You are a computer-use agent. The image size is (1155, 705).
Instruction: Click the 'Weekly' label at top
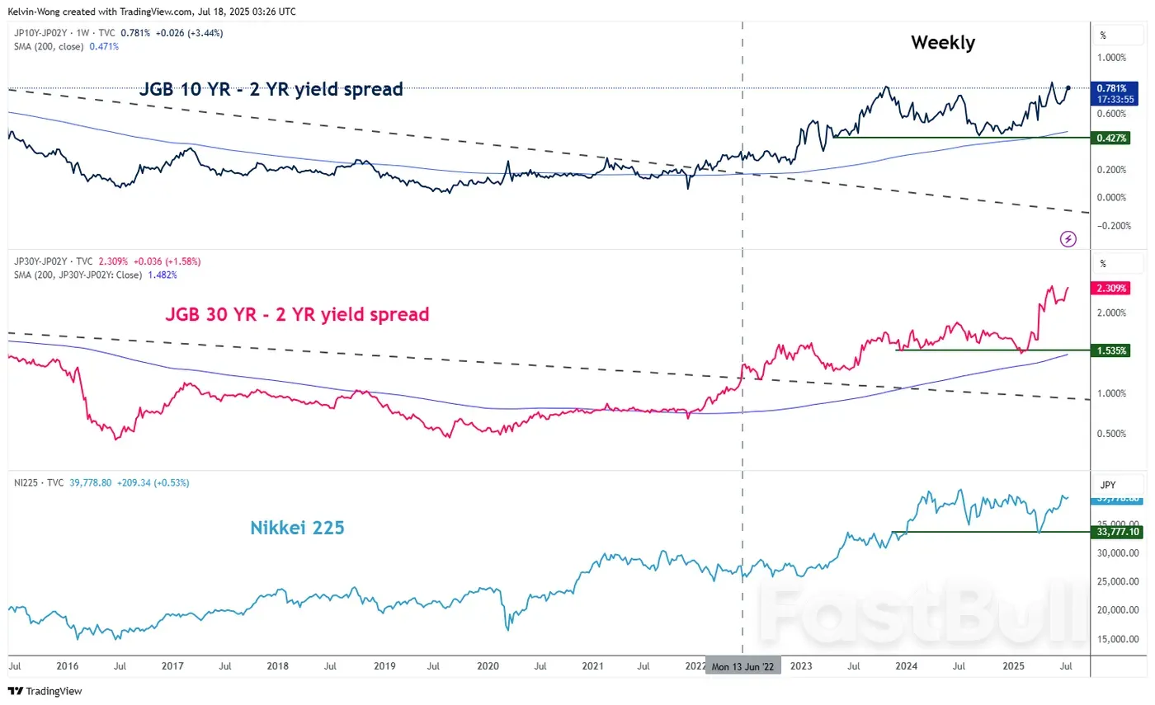(942, 43)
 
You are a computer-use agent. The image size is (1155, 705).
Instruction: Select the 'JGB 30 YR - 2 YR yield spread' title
(297, 314)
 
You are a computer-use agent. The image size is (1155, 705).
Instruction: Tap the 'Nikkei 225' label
(297, 529)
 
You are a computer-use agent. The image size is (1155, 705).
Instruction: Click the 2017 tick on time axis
(172, 665)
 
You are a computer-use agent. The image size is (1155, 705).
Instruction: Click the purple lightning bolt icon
(1068, 239)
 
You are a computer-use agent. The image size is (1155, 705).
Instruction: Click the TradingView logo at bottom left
(45, 691)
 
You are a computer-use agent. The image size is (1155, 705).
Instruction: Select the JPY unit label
(1107, 485)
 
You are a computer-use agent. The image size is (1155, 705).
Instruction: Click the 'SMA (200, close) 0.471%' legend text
(65, 46)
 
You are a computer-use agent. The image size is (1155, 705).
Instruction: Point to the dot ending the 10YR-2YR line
(1068, 87)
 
